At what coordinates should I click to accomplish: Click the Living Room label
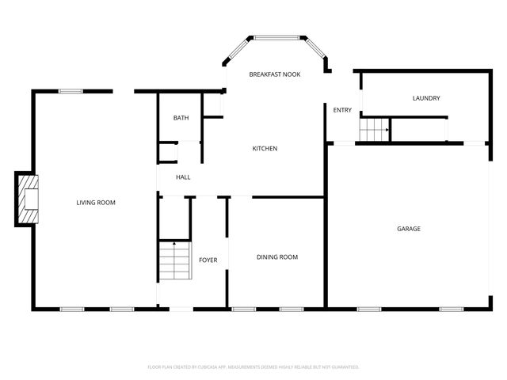coord(96,203)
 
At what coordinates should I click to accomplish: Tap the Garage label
coord(409,229)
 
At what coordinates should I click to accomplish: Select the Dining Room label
coord(277,257)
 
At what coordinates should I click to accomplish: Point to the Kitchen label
coord(265,149)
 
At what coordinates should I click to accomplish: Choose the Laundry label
coord(426,98)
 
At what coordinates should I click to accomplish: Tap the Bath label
coord(181,119)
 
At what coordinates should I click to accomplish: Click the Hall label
coord(183,177)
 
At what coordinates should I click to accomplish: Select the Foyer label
coord(208,260)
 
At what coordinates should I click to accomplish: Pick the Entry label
coord(342,110)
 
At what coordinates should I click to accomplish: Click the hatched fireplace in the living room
coord(29,198)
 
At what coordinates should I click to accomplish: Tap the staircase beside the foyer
coord(174,260)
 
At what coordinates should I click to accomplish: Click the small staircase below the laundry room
coord(374,127)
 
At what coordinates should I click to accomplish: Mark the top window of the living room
coord(71,91)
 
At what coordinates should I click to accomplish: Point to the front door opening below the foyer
coord(181,308)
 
